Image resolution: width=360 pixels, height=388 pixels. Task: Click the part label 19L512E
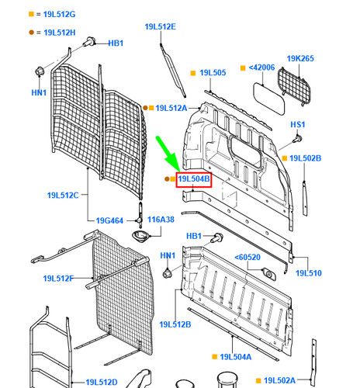click(x=161, y=26)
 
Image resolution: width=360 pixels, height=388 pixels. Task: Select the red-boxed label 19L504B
click(x=194, y=179)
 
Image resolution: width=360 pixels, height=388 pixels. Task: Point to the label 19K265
click(x=300, y=58)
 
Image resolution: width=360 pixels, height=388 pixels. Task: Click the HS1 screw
click(x=297, y=138)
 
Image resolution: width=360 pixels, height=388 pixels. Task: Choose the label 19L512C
click(x=63, y=195)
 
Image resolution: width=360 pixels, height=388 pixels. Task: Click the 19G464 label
click(x=109, y=220)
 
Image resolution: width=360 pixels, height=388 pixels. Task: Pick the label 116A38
click(x=161, y=220)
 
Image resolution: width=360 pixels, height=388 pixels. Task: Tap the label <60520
click(x=247, y=258)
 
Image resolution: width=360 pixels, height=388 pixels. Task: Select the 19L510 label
click(x=309, y=273)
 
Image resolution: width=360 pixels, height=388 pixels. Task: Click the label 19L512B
click(x=175, y=324)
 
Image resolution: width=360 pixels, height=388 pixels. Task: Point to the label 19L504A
click(x=236, y=357)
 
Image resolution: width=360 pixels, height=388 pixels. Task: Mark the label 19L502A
click(x=279, y=380)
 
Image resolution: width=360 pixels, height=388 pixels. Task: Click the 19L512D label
click(x=102, y=382)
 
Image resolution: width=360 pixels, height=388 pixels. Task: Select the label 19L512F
click(x=58, y=279)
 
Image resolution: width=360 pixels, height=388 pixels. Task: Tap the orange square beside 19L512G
click(x=31, y=14)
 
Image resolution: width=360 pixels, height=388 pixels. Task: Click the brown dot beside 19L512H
click(x=31, y=33)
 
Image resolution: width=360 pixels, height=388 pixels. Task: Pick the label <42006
click(x=261, y=68)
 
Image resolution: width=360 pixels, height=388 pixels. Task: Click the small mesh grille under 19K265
click(x=294, y=86)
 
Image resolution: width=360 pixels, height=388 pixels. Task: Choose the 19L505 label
click(x=213, y=73)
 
